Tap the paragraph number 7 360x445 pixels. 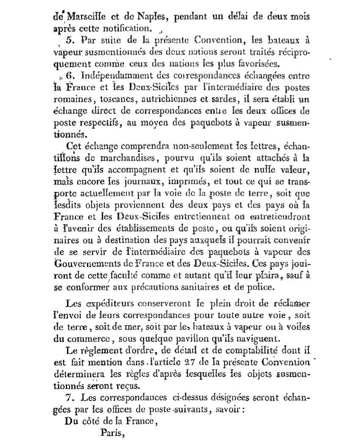click(x=71, y=398)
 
